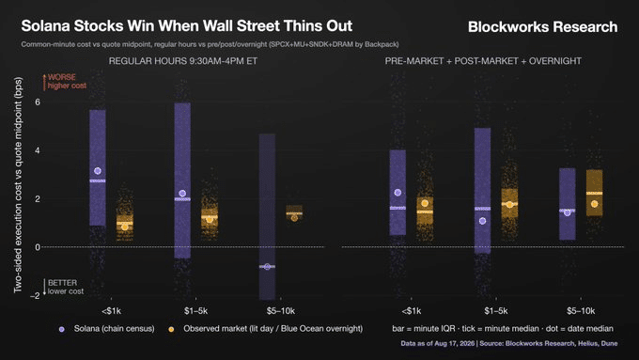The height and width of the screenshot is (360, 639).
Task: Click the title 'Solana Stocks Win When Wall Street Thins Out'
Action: tap(187, 26)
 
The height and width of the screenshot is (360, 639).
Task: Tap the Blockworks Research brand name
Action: tap(542, 27)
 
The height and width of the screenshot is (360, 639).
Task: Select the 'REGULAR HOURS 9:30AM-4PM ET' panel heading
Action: tap(183, 61)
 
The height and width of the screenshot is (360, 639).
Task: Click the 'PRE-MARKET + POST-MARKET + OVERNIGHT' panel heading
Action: tap(483, 61)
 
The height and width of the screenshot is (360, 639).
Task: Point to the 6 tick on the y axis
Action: tap(38, 102)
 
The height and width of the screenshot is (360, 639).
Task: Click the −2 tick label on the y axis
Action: tap(35, 295)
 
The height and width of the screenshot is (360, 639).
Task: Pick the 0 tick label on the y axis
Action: tap(38, 247)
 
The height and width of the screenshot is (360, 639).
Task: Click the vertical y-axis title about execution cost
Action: tap(18, 184)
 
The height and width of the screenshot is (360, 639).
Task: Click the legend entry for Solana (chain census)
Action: tap(107, 329)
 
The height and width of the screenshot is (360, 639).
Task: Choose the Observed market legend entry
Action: tap(265, 329)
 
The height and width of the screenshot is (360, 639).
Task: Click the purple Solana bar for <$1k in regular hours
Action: tap(98, 167)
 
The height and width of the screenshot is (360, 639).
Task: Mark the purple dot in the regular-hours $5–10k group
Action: tap(267, 267)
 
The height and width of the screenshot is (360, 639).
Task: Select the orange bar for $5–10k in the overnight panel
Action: tap(594, 193)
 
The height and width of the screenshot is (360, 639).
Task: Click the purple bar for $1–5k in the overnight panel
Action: tap(482, 191)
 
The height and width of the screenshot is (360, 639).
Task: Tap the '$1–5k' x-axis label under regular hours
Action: tap(195, 311)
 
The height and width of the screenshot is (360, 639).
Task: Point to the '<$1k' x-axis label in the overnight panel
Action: tap(412, 311)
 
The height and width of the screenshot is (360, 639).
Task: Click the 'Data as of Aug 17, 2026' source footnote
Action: tap(509, 343)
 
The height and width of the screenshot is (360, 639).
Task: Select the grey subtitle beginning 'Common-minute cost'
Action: tap(210, 44)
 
